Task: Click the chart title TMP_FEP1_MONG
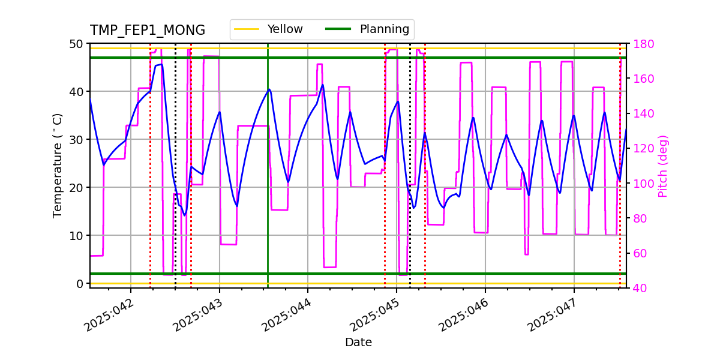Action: [x=147, y=31]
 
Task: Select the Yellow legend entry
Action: [x=285, y=29]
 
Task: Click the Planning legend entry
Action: [x=384, y=29]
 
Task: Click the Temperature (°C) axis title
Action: [x=58, y=165]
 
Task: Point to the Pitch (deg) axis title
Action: [x=663, y=166]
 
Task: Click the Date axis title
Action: [x=358, y=343]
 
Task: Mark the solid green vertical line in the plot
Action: [x=268, y=180]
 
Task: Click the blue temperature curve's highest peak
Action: [x=161, y=64]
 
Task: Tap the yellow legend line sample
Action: [x=247, y=29]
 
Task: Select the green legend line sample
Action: [x=338, y=29]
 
